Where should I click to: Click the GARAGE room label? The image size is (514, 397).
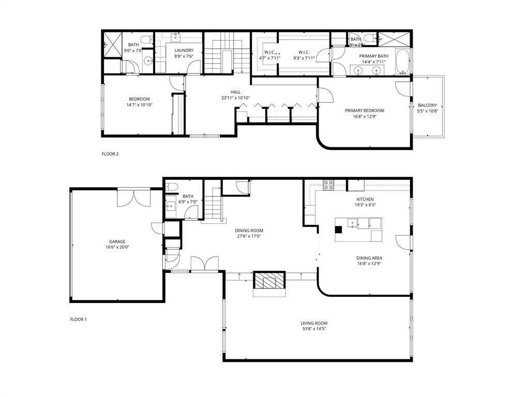coord(117,241)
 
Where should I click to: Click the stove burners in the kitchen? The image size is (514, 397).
coord(328,185)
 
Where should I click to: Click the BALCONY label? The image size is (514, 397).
coord(428,105)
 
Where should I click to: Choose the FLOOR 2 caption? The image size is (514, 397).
coord(110,154)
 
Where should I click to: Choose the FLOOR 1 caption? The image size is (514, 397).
coord(79,319)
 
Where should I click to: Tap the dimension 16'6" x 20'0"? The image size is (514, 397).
coord(117,247)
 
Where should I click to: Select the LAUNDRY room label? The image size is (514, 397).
coord(184,50)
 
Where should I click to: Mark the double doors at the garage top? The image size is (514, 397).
coord(134,197)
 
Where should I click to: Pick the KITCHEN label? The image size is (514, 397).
coord(365,200)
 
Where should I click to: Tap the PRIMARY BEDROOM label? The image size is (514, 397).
coord(365,110)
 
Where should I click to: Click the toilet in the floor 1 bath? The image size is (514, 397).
coord(173,187)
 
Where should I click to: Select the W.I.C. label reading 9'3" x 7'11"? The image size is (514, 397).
coord(303,52)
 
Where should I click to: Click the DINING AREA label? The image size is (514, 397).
coord(369,257)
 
